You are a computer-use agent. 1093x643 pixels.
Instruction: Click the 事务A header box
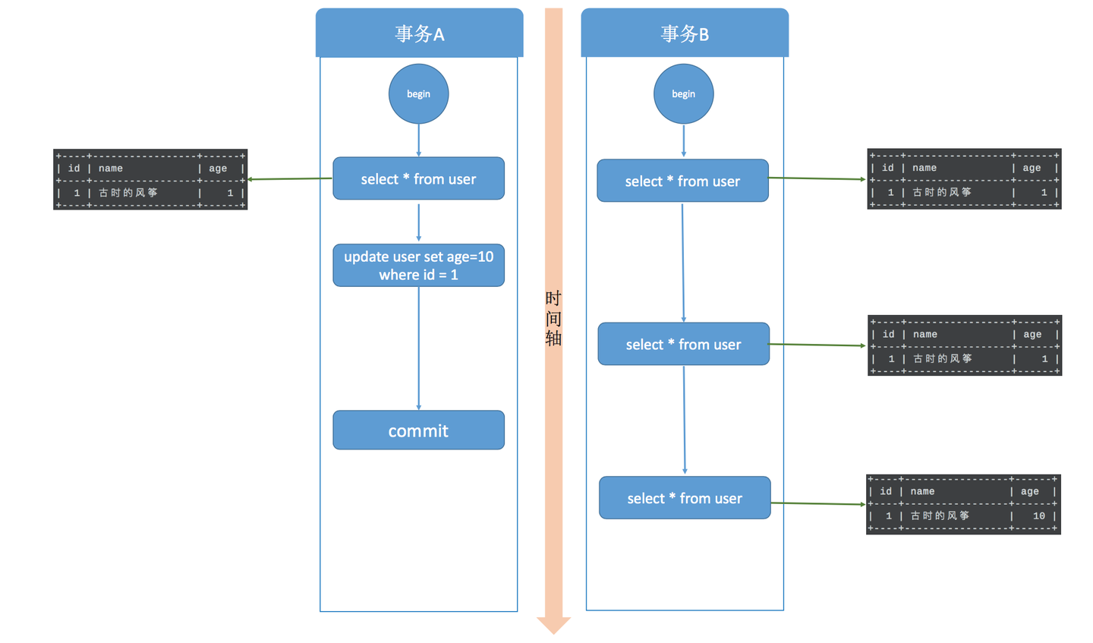(419, 33)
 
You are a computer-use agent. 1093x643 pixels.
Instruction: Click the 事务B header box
(684, 33)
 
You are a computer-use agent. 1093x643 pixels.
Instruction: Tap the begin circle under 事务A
(418, 94)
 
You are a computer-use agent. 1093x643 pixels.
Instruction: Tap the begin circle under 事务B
(683, 94)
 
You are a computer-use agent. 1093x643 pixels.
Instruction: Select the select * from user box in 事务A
(418, 179)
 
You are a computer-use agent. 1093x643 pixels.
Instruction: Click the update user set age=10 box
(418, 266)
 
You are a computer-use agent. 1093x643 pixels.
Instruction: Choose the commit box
(418, 430)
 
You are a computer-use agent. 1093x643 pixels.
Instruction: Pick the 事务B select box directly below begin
(682, 181)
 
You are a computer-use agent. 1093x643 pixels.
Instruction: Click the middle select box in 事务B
(683, 345)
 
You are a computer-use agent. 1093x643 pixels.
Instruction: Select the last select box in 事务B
(685, 499)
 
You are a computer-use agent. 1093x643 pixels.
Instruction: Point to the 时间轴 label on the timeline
(553, 318)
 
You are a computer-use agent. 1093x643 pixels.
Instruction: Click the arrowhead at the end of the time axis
(553, 625)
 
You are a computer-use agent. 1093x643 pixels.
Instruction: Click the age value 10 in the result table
(1038, 516)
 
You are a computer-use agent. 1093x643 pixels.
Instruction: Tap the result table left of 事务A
(150, 180)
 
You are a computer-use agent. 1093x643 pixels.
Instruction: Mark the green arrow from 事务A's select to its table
(290, 179)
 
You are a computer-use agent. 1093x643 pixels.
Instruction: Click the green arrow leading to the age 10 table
(818, 503)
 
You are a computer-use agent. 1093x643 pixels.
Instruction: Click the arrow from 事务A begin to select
(418, 140)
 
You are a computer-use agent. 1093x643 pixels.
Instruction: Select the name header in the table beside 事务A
(111, 169)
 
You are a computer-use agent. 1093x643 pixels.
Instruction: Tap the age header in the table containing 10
(1029, 492)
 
